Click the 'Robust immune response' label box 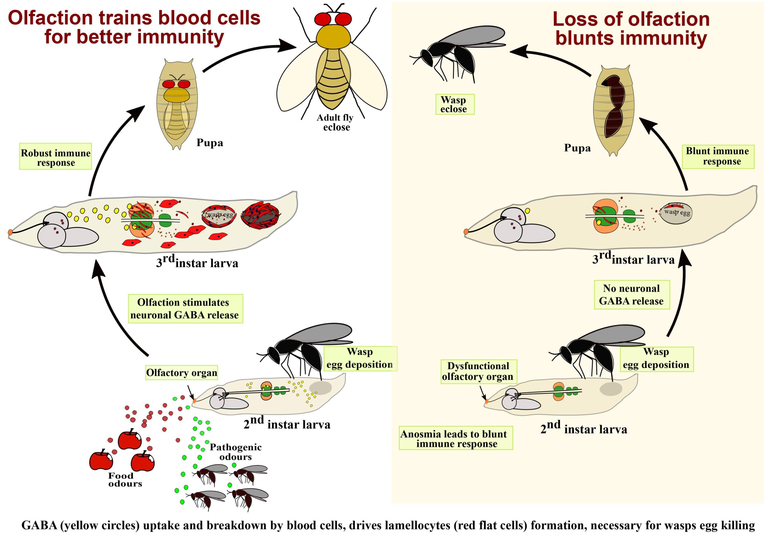tap(55, 157)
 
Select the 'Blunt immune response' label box tap(718, 157)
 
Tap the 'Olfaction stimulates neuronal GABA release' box tap(185, 309)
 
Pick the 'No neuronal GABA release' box tap(631, 295)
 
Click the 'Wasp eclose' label tap(455, 104)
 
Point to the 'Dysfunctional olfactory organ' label tap(478, 371)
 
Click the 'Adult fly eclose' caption tap(335, 122)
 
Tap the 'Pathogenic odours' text tap(235, 452)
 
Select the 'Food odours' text tap(124, 480)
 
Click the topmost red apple tap(130, 440)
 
